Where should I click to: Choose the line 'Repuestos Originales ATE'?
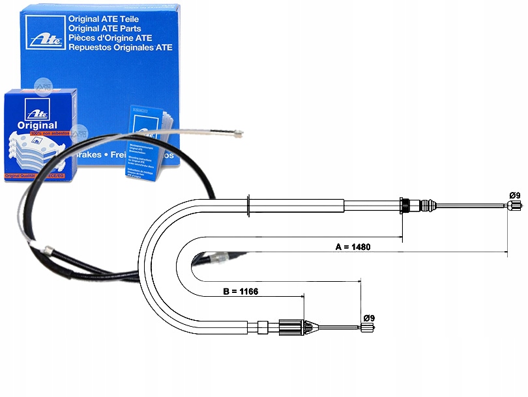click(119, 47)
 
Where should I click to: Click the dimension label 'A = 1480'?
click(353, 247)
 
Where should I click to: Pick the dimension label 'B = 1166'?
click(241, 291)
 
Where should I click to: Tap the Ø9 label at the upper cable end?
click(514, 195)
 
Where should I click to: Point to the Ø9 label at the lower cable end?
click(368, 318)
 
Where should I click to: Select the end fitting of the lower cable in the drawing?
click(367, 327)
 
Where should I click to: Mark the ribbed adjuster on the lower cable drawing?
click(291, 327)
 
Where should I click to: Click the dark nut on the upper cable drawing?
click(405, 206)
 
